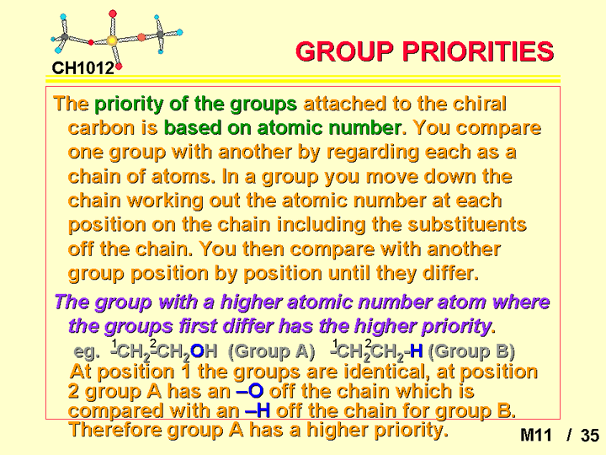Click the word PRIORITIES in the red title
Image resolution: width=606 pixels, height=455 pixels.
(478, 51)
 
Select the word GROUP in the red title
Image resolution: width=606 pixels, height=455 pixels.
(344, 51)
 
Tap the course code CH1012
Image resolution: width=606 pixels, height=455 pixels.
(83, 68)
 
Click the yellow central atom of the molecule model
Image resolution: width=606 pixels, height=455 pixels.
(112, 40)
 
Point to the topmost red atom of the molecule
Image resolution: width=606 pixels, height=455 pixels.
(113, 14)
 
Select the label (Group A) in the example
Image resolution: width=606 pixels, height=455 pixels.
(271, 351)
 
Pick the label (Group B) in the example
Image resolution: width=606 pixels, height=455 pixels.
(471, 351)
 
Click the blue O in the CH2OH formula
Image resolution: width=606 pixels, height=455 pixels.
(197, 351)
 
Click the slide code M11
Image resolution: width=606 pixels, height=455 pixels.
(535, 436)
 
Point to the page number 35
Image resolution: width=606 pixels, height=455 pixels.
(590, 436)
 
